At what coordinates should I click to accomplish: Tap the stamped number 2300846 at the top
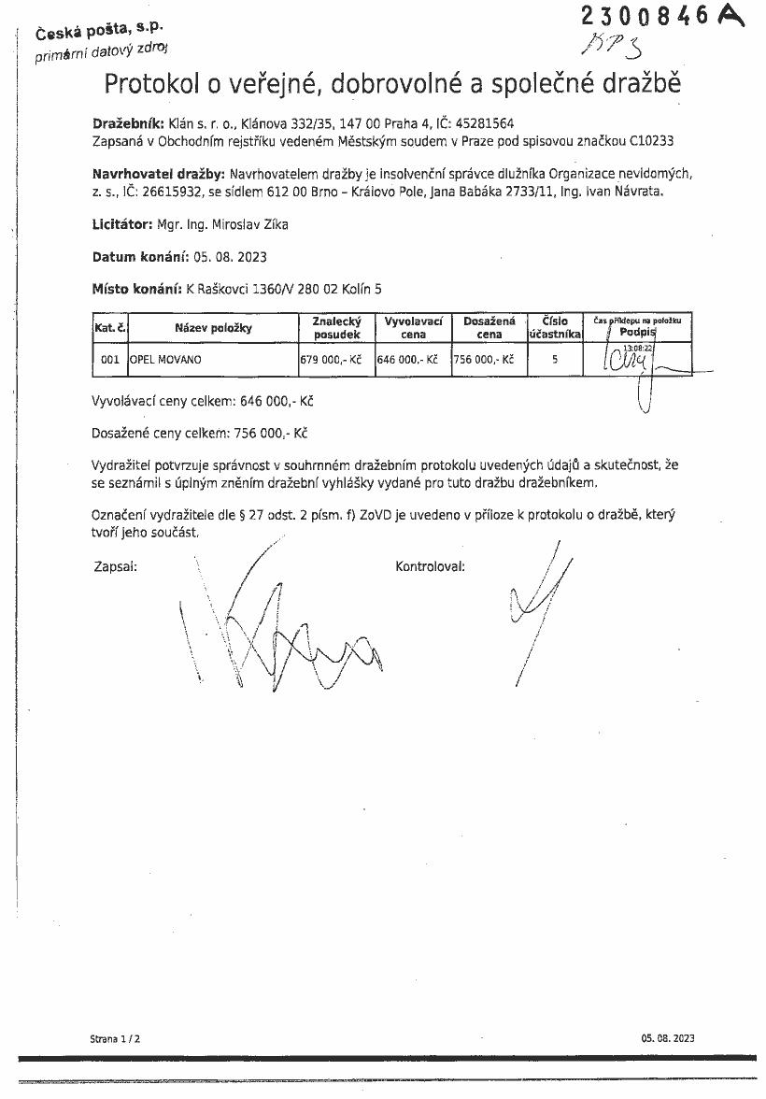pyautogui.click(x=645, y=16)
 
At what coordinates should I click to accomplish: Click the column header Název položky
pyautogui.click(x=213, y=328)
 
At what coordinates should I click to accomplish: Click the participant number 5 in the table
pyautogui.click(x=555, y=359)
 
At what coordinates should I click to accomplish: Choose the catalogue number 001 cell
pyautogui.click(x=109, y=360)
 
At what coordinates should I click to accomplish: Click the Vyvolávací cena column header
pyautogui.click(x=412, y=327)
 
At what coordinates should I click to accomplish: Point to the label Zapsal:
pyautogui.click(x=115, y=566)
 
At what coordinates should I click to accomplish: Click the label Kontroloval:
pyautogui.click(x=430, y=566)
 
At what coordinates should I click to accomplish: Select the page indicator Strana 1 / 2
pyautogui.click(x=115, y=1038)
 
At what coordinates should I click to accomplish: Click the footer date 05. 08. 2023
pyautogui.click(x=668, y=1038)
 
